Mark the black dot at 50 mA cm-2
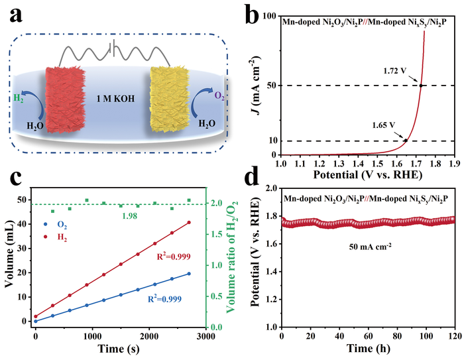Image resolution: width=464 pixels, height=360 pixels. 420,85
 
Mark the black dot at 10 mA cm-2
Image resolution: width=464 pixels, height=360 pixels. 406,140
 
